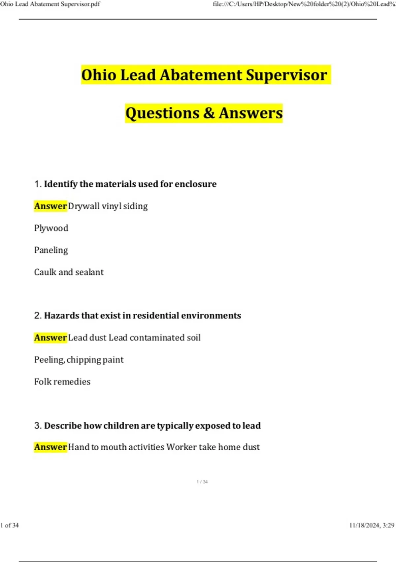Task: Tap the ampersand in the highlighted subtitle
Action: pyautogui.click(x=209, y=113)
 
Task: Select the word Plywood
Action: pyautogui.click(x=51, y=228)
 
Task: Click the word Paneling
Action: pyautogui.click(x=51, y=250)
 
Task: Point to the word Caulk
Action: pyautogui.click(x=45, y=272)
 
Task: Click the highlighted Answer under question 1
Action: pyautogui.click(x=50, y=206)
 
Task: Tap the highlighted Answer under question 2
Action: pyautogui.click(x=50, y=338)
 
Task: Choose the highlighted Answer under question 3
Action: pyautogui.click(x=50, y=447)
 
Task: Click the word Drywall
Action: pyautogui.click(x=84, y=206)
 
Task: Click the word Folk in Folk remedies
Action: pyautogui.click(x=43, y=381)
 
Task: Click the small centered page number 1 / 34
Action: pyautogui.click(x=202, y=482)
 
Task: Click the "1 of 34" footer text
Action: pyautogui.click(x=10, y=525)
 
